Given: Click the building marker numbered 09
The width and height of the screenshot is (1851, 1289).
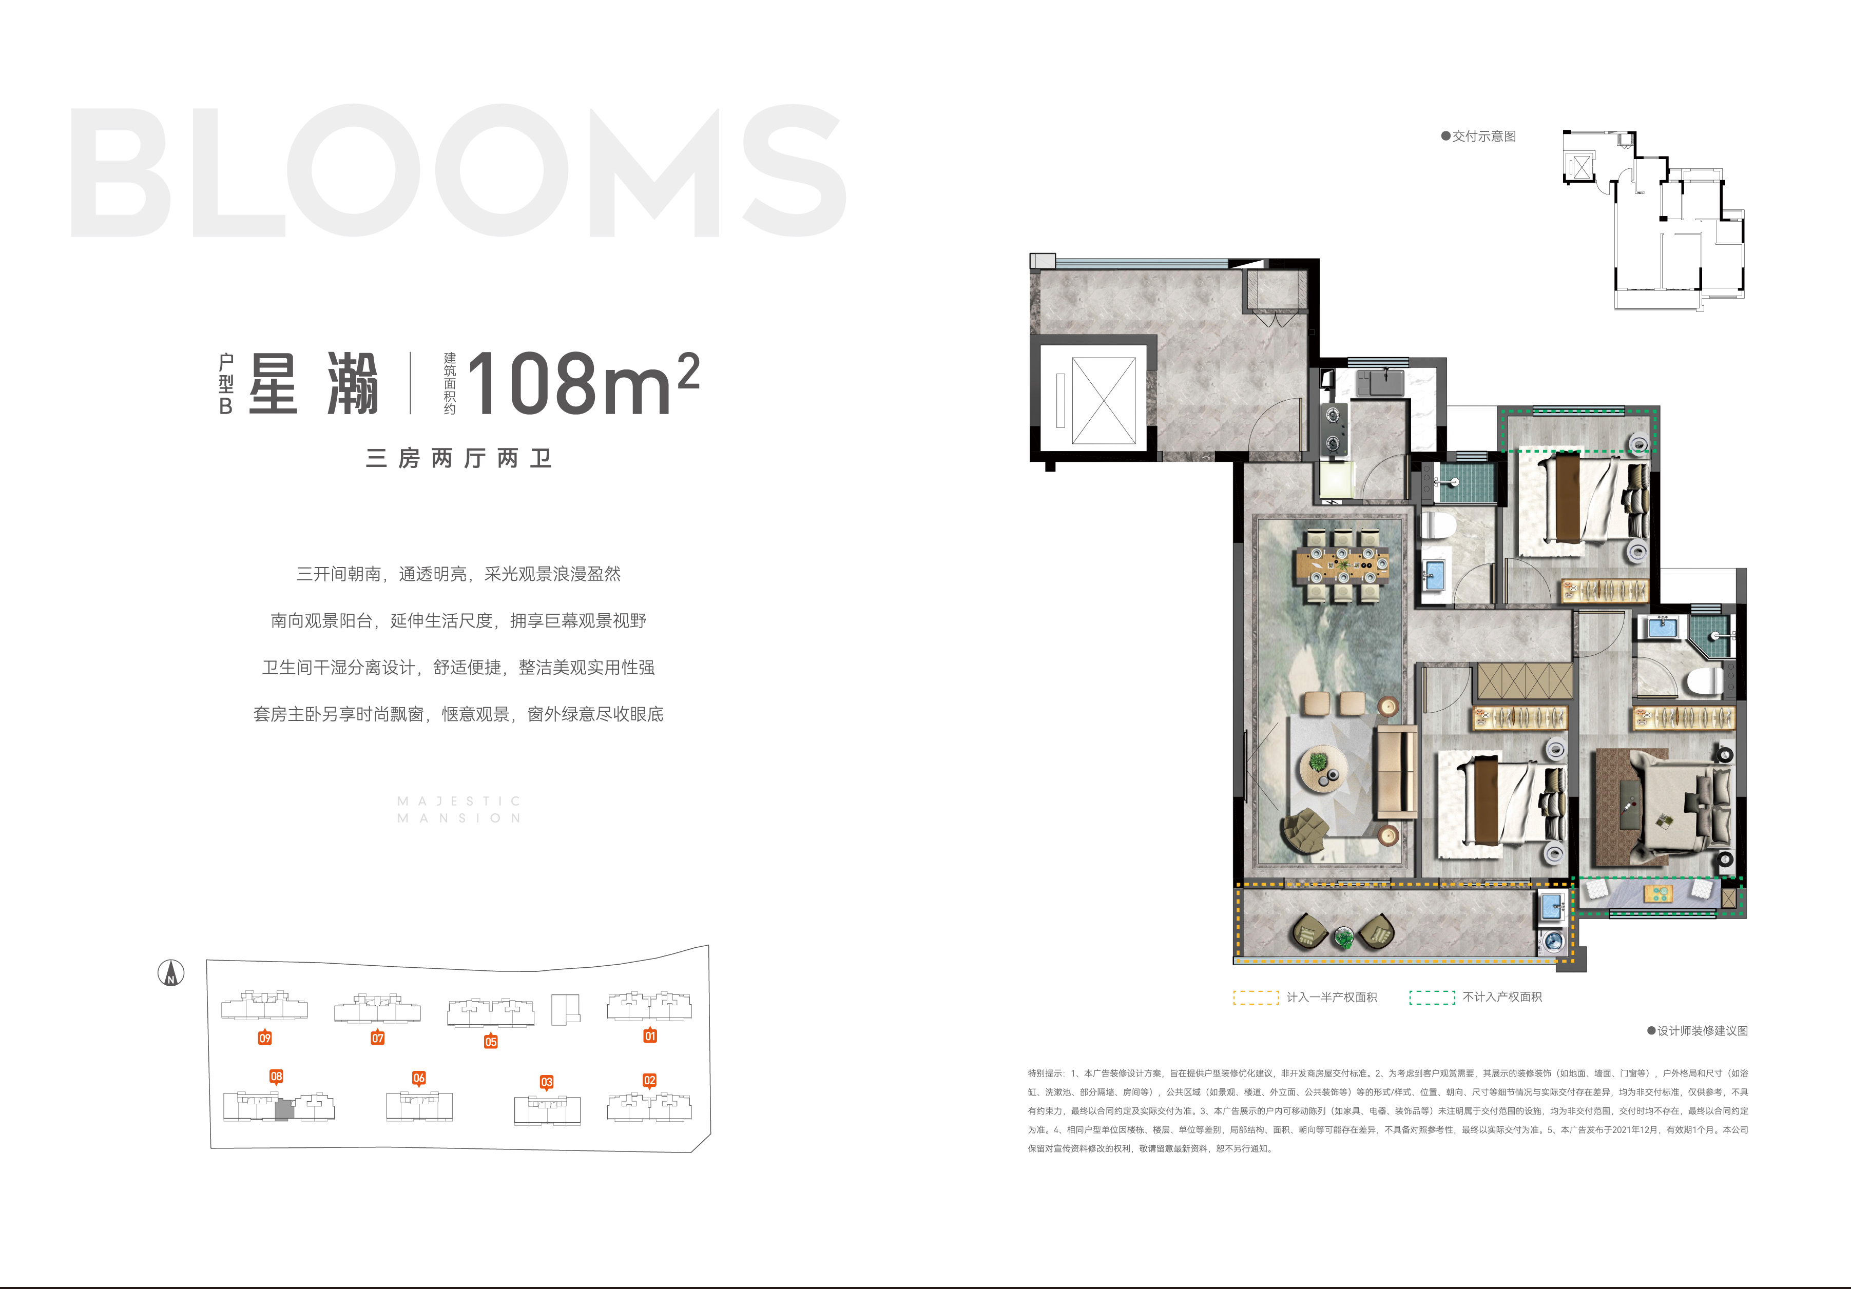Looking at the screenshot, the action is click(264, 1038).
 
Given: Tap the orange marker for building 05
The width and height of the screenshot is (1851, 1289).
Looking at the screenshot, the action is click(490, 1042).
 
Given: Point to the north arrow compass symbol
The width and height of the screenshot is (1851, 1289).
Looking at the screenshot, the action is click(171, 973).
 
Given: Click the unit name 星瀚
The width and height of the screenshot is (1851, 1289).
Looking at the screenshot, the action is click(314, 384).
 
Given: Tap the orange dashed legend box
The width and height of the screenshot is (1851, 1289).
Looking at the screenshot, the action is click(1255, 997).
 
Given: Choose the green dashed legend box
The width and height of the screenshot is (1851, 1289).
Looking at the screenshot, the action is click(1432, 997).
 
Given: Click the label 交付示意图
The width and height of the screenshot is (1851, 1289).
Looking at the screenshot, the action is click(1484, 136).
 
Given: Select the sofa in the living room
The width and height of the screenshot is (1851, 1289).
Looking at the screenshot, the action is click(1396, 772).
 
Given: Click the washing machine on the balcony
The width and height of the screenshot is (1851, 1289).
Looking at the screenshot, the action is click(1553, 941).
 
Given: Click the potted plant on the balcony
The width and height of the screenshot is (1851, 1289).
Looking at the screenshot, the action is click(1343, 938).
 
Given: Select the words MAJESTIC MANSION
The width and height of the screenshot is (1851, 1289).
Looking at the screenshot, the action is click(459, 809).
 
